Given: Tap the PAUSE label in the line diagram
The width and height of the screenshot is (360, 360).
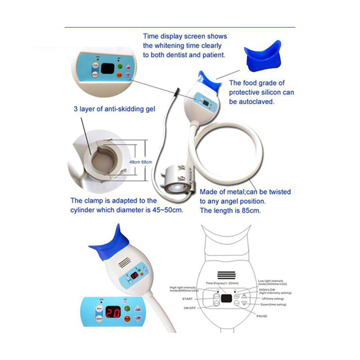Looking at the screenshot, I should pos(261,316).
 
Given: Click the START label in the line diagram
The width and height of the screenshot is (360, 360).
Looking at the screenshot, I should pos(188,298).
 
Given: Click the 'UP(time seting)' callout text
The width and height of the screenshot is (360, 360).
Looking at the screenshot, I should pos(272,298).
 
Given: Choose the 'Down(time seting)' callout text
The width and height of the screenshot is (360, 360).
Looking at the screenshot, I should pos(275,305).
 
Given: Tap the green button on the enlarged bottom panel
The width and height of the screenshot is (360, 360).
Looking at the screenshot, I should pos(127,309).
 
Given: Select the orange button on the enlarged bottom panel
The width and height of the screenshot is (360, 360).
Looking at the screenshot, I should pos(127,319).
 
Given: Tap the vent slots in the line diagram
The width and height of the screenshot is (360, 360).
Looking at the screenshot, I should pos(227,274).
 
